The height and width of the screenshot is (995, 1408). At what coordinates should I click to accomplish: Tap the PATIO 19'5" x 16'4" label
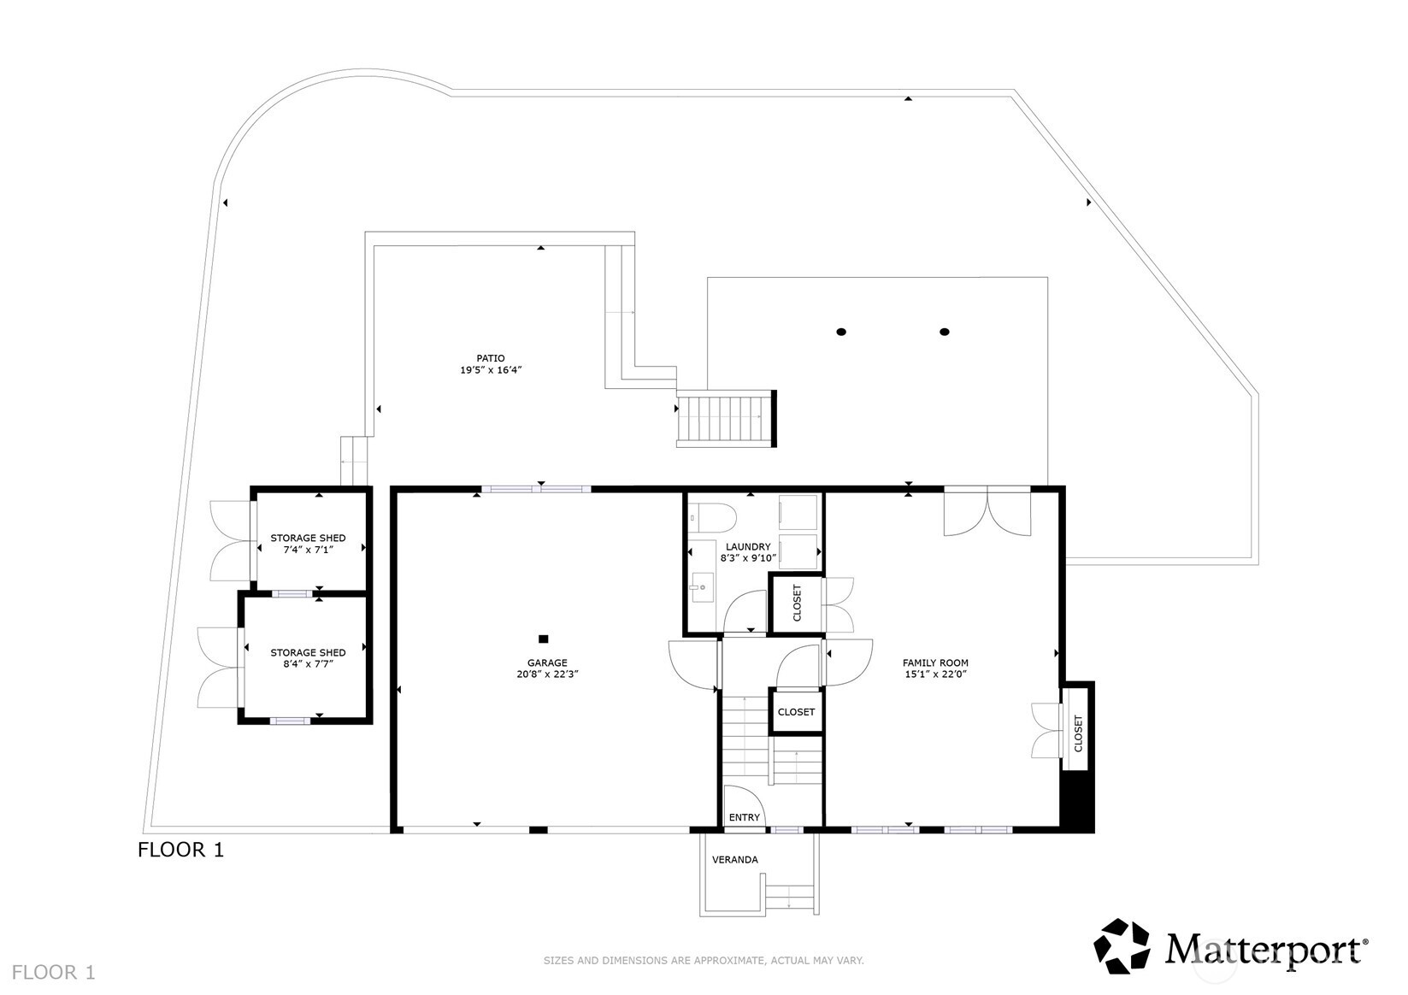[491, 364]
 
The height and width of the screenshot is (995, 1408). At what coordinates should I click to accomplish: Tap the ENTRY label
[744, 817]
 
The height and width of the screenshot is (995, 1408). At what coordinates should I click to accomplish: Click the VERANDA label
[734, 859]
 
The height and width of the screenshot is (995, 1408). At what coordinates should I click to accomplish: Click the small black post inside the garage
[543, 639]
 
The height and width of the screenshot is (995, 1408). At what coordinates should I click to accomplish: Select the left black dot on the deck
[841, 332]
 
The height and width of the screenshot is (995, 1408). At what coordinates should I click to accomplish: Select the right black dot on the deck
[945, 332]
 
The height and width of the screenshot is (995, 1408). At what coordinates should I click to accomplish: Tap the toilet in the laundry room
[716, 516]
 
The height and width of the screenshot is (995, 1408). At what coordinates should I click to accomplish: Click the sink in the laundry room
[703, 587]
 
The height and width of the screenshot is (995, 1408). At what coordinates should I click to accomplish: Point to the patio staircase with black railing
[726, 419]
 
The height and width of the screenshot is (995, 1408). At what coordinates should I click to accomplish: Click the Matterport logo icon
[1123, 946]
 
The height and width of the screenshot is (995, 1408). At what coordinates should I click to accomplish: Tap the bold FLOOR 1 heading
[180, 850]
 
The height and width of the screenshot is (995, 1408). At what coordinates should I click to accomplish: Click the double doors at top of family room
[987, 511]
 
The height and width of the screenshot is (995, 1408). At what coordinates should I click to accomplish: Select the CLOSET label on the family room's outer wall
[1078, 733]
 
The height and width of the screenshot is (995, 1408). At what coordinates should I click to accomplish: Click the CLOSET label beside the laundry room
[798, 602]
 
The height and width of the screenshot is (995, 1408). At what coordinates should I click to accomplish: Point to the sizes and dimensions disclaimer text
[704, 961]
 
